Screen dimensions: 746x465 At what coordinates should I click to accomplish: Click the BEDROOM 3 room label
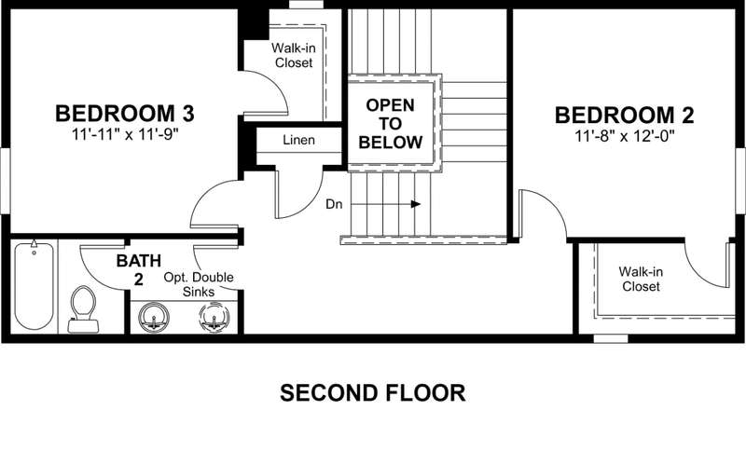[125, 114]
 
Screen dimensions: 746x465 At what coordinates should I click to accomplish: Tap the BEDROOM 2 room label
[624, 116]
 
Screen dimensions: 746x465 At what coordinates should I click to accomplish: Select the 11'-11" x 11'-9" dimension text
[125, 134]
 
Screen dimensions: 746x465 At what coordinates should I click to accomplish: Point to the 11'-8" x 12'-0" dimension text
[625, 136]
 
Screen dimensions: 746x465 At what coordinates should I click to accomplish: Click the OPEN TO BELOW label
[390, 124]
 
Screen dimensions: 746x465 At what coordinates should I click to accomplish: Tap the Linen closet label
[298, 141]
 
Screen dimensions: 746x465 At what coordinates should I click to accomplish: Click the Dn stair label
[334, 204]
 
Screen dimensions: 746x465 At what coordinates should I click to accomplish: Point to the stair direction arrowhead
[416, 204]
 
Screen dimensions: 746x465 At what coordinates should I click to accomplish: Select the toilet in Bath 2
[83, 309]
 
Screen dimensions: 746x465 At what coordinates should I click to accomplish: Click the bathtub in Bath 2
[34, 286]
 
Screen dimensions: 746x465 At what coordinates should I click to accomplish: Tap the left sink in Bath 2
[154, 317]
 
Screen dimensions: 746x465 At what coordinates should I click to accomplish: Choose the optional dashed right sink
[214, 317]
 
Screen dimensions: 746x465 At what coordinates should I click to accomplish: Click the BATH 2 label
[138, 270]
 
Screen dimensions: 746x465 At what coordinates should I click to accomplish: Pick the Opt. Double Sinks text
[199, 284]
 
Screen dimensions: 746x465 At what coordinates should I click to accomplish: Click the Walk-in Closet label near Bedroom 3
[294, 55]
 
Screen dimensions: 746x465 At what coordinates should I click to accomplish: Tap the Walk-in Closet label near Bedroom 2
[641, 280]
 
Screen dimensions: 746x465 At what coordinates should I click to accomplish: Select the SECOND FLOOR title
[372, 393]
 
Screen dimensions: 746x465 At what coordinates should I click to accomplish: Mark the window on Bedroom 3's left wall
[5, 180]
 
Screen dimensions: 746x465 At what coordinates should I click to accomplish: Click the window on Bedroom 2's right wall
[740, 180]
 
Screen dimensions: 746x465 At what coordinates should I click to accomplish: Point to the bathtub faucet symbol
[34, 245]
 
